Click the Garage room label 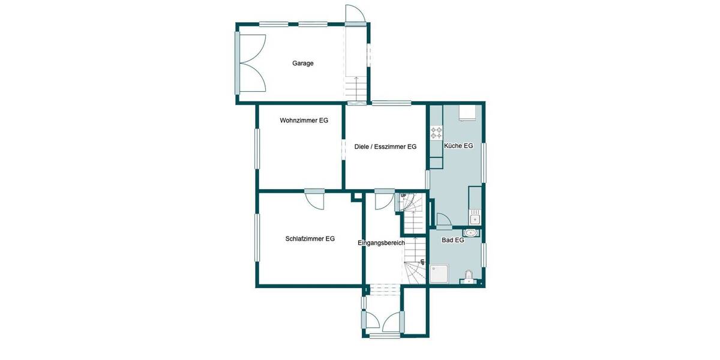pyautogui.click(x=303, y=63)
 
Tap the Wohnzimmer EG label pyautogui.click(x=304, y=121)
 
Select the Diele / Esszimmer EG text pyautogui.click(x=385, y=146)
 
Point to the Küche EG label pyautogui.click(x=458, y=146)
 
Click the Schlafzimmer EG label pyautogui.click(x=310, y=239)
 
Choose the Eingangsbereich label pyautogui.click(x=381, y=243)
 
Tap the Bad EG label pyautogui.click(x=453, y=240)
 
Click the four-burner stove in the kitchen pyautogui.click(x=436, y=131)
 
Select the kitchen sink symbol pyautogui.click(x=475, y=215)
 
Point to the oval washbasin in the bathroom pyautogui.click(x=472, y=233)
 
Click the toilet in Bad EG pyautogui.click(x=468, y=277)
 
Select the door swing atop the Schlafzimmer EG pyautogui.click(x=314, y=199)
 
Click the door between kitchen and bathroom pyautogui.click(x=443, y=221)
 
